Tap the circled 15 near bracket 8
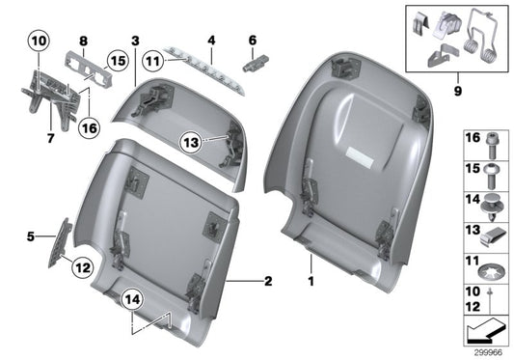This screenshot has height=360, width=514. coord(117,61)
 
